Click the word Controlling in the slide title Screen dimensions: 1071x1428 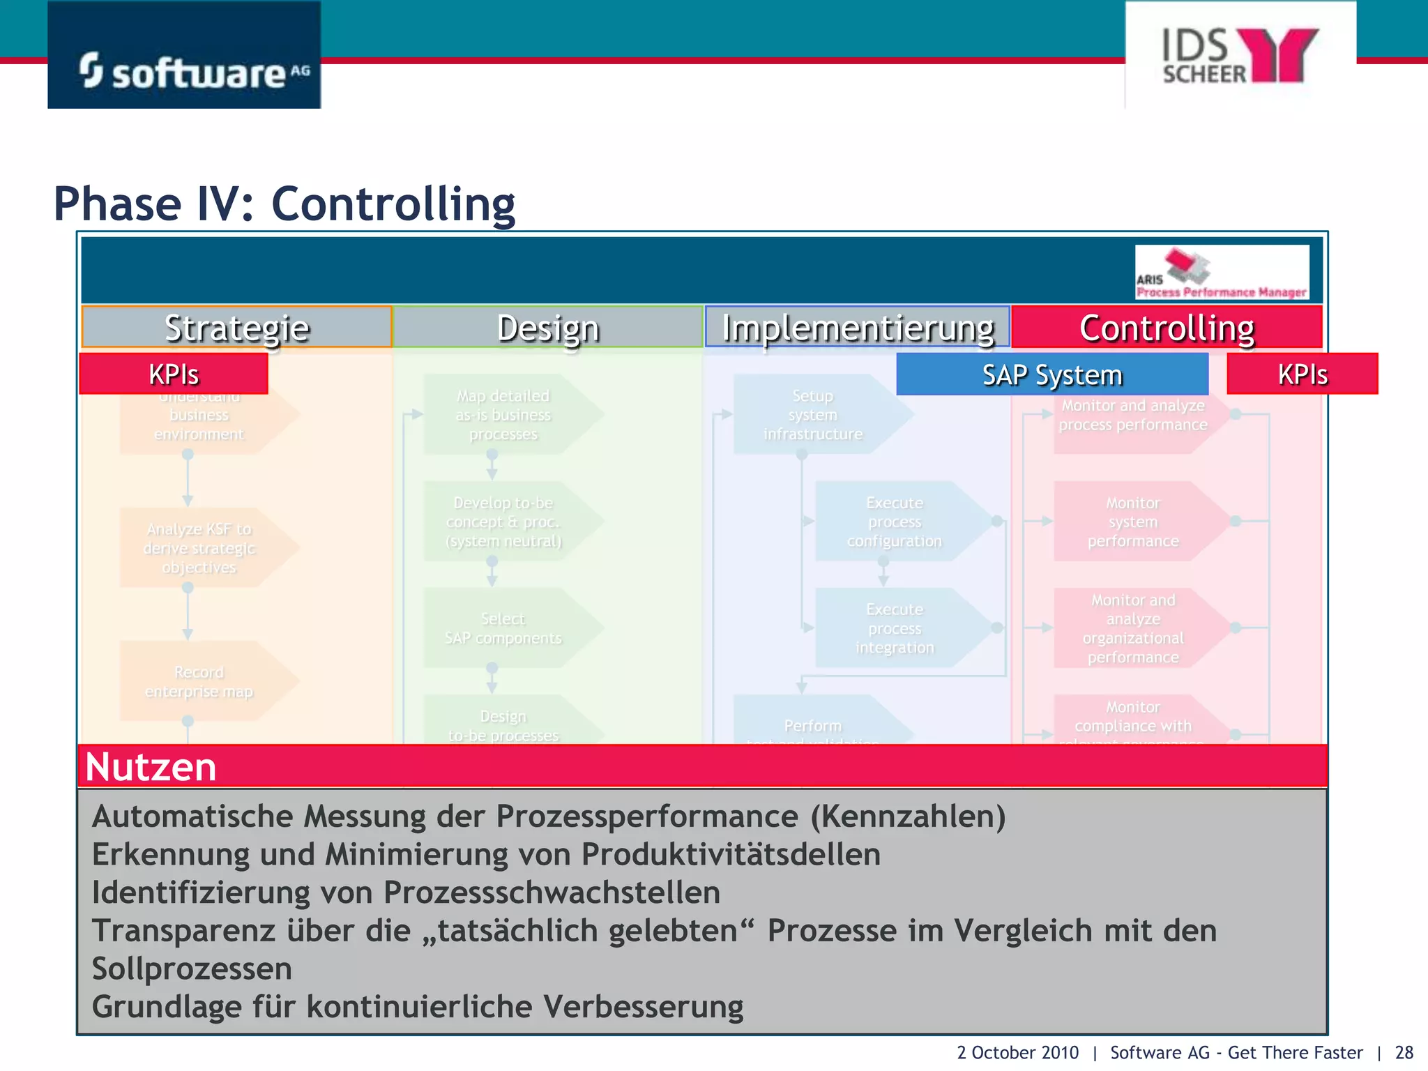point(393,204)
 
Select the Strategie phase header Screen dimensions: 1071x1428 point(236,327)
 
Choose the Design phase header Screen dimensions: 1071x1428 point(547,327)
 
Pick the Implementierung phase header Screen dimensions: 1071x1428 point(857,327)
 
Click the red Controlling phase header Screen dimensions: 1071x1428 point(1167,327)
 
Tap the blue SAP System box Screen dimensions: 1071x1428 point(1051,374)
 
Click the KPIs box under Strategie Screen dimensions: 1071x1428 point(174,374)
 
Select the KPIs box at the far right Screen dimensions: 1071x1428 point(1302,374)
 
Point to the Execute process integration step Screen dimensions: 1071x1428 point(895,628)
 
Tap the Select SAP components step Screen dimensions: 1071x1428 point(503,628)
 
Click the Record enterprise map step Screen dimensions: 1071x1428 point(199,682)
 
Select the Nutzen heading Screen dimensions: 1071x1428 point(151,767)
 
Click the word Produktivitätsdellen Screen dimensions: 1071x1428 point(731,854)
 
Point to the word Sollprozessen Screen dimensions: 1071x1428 point(192,969)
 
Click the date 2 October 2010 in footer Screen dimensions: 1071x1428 point(1017,1052)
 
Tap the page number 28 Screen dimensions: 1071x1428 point(1404,1052)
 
